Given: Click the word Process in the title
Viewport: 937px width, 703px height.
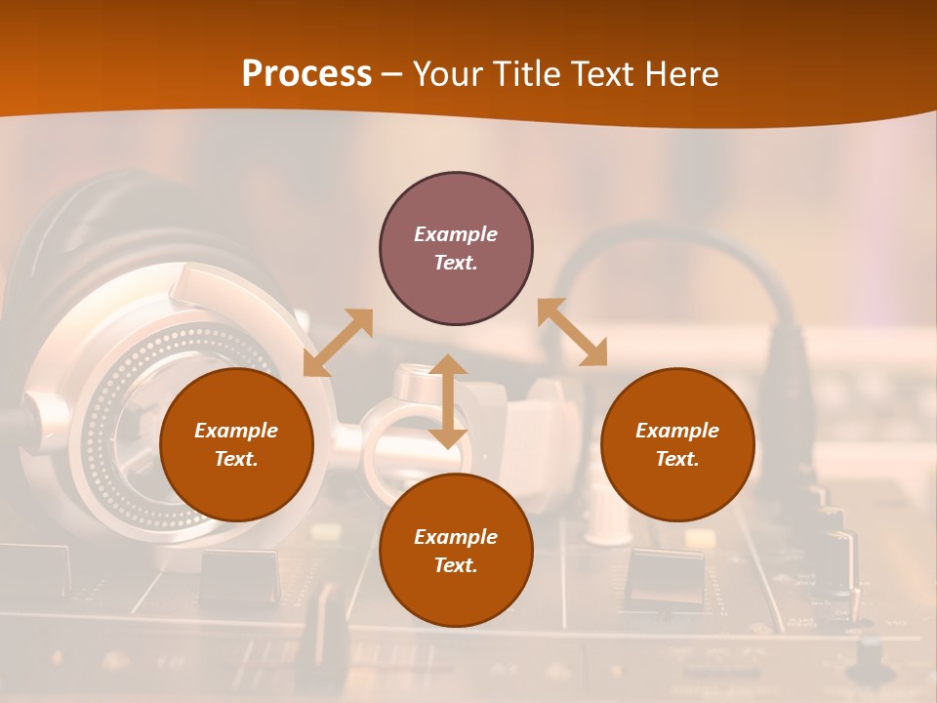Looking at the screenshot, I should pyautogui.click(x=306, y=73).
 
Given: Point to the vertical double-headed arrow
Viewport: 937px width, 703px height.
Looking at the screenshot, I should pyautogui.click(x=448, y=401).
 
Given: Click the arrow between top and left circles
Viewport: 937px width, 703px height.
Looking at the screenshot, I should pyautogui.click(x=338, y=343).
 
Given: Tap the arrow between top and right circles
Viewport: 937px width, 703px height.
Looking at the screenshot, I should pyautogui.click(x=572, y=332).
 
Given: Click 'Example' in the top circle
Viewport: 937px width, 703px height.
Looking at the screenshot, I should pyautogui.click(x=456, y=234).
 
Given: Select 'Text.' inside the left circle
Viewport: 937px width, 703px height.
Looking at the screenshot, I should pyautogui.click(x=236, y=459).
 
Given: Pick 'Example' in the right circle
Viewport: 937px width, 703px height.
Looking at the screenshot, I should pyautogui.click(x=677, y=431).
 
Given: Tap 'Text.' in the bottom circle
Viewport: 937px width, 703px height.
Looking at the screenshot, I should pyautogui.click(x=456, y=565).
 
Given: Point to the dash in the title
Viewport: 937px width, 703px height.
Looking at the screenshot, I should pyautogui.click(x=391, y=75).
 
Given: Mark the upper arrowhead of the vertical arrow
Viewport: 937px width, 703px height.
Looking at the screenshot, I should pyautogui.click(x=448, y=364).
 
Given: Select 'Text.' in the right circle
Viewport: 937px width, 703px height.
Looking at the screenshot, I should pyautogui.click(x=677, y=459).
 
